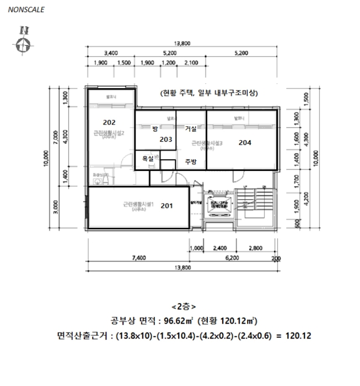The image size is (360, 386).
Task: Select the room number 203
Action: pos(166,140)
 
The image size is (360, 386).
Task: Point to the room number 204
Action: pos(245,142)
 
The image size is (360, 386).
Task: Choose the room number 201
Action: pos(166,206)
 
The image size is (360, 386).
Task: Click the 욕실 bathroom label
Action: pos(148,158)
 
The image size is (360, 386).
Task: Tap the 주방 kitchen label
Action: pos(191,162)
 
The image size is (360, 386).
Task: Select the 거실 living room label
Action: pos(191,129)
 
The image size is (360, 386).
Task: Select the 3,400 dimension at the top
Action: pos(111,53)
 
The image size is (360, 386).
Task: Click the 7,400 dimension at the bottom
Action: pos(139,258)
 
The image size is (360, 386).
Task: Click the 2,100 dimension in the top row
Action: pos(191,63)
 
